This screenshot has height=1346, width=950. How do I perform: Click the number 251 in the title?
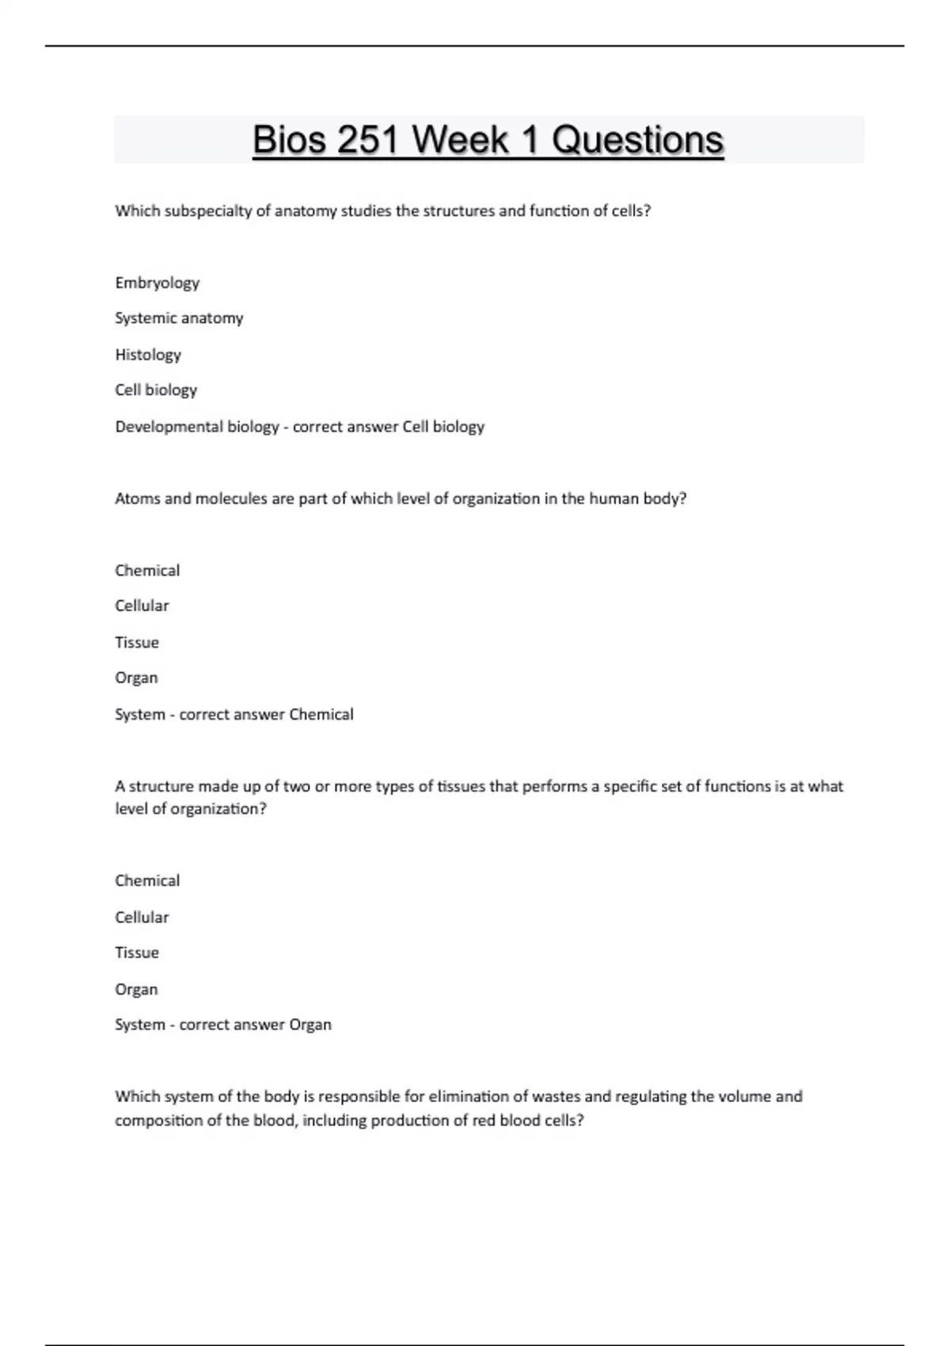click(368, 140)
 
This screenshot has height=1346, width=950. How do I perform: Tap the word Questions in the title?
click(637, 140)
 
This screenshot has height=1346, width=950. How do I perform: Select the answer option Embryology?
click(157, 283)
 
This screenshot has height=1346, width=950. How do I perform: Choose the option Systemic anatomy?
click(179, 318)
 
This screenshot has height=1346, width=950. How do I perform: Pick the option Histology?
click(148, 355)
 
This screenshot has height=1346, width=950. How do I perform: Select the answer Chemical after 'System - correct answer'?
click(321, 714)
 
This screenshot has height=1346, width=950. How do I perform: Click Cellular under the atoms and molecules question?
click(142, 606)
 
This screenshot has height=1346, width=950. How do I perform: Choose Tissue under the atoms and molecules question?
click(137, 642)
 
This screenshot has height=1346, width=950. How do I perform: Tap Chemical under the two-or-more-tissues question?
click(147, 880)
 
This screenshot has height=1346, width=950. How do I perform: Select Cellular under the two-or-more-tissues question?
click(142, 917)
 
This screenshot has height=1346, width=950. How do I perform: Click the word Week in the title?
click(460, 140)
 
